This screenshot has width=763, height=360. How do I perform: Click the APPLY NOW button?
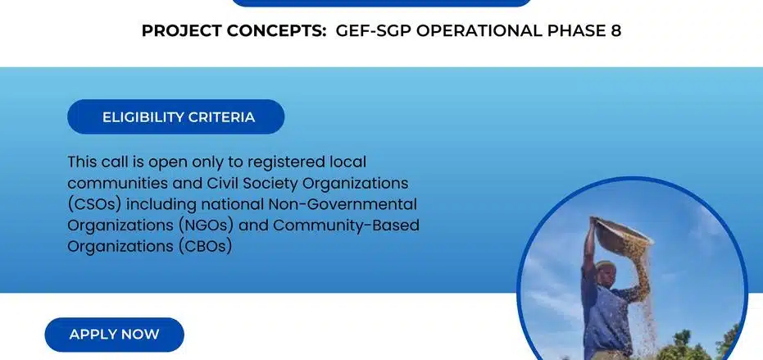pos(114,335)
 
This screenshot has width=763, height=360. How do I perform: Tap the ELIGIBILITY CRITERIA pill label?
pos(178,117)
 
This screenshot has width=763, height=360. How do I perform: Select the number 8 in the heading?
pos(615,31)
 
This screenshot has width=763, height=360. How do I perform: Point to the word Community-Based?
pos(363,225)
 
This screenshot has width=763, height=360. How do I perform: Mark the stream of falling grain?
pos(643,295)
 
